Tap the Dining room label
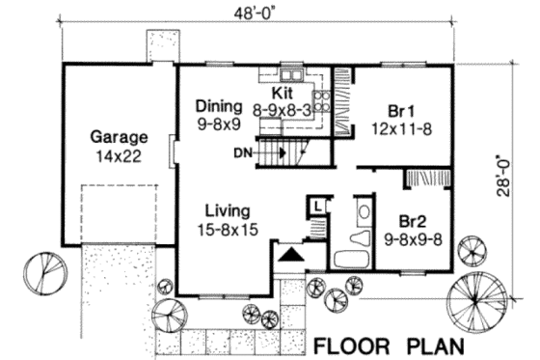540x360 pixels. click(x=217, y=105)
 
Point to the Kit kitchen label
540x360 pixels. click(x=282, y=93)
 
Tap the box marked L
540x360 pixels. click(x=317, y=205)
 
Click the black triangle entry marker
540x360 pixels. click(x=289, y=254)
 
